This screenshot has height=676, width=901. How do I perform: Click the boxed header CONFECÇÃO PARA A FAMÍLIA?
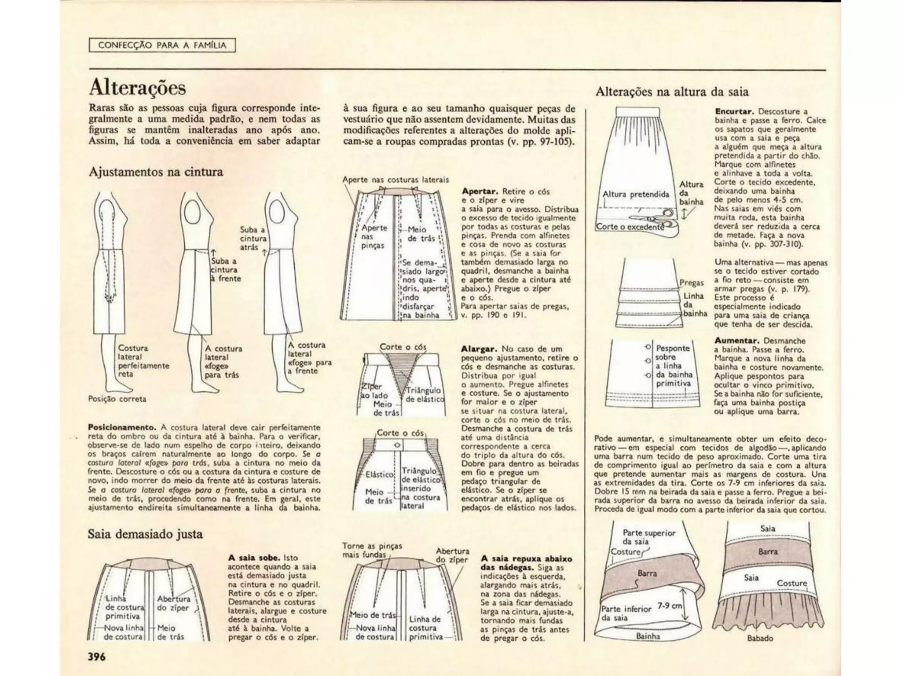[162, 45]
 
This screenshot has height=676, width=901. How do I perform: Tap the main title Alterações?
[137, 88]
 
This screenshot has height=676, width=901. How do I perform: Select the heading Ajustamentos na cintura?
[156, 172]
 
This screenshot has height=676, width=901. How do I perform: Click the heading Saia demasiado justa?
[145, 534]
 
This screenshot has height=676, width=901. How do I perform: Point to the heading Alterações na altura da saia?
[672, 92]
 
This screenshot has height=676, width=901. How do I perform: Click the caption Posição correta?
[117, 399]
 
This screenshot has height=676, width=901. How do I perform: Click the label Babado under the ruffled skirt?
[760, 638]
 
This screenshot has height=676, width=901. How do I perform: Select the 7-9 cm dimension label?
[670, 606]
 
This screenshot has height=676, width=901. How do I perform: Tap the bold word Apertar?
[480, 191]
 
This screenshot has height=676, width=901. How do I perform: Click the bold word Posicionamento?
[122, 427]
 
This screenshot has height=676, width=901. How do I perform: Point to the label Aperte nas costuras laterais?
[396, 180]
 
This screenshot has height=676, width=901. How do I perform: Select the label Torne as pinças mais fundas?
[372, 550]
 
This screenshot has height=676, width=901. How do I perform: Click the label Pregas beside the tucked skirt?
[691, 283]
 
